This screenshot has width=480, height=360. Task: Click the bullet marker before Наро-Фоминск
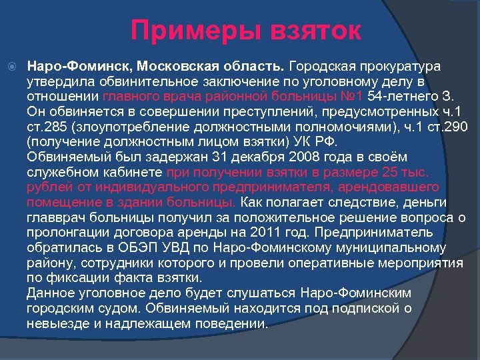click(15, 67)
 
